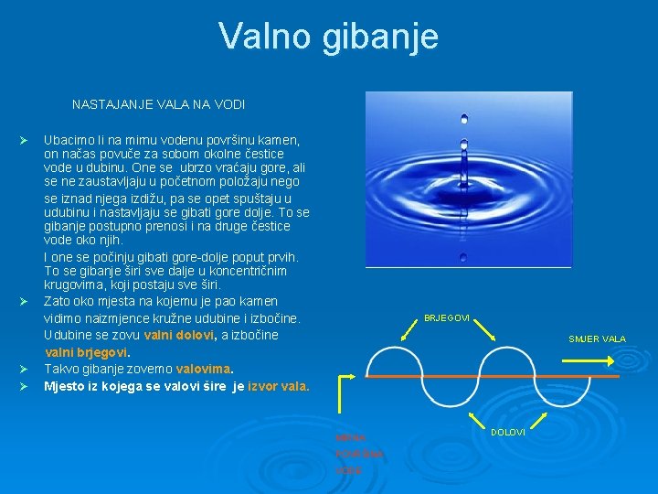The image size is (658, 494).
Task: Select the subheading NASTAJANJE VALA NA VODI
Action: tap(158, 105)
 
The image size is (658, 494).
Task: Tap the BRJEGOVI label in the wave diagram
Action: tap(447, 318)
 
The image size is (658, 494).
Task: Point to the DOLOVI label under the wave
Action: tap(507, 432)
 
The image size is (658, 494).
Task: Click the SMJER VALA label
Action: tap(597, 338)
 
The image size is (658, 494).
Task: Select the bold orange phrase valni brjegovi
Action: tap(87, 352)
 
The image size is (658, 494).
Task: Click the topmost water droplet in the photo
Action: tap(464, 118)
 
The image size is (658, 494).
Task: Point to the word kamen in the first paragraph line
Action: tap(281, 141)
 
